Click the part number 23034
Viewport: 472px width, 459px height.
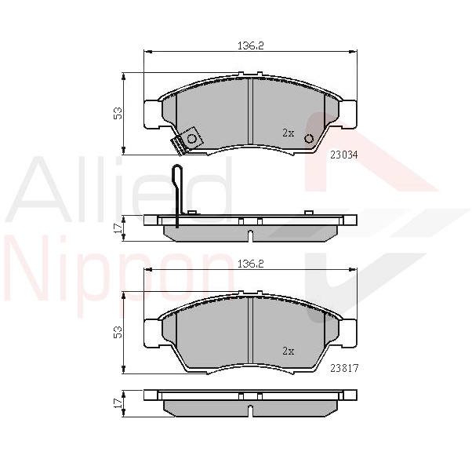pos(344,155)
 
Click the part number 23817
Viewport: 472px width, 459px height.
pos(344,368)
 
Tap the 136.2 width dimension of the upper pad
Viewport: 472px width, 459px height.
pos(251,46)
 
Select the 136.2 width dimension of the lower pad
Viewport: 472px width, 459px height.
pos(251,264)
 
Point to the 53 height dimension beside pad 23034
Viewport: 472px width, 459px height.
pos(118,113)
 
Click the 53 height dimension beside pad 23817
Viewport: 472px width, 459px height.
pos(118,332)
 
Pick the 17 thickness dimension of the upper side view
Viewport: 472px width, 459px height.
pos(118,228)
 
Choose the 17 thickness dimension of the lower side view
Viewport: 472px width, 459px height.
pos(118,403)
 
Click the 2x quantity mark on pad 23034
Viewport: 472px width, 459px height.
pos(288,133)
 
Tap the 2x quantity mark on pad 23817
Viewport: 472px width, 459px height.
pos(288,351)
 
